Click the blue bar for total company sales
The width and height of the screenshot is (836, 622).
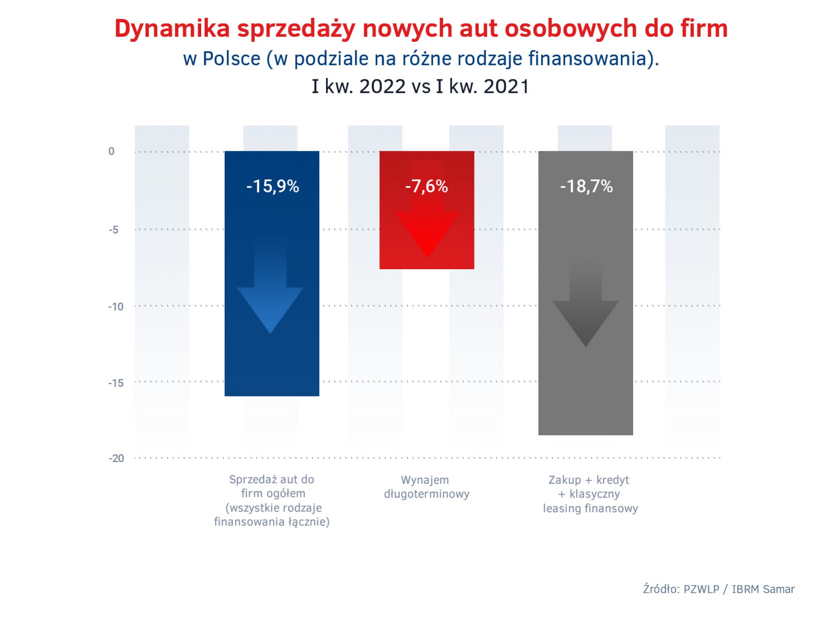tap(272, 274)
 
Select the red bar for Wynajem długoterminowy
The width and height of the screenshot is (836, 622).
tap(427, 210)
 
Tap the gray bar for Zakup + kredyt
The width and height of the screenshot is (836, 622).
tap(586, 293)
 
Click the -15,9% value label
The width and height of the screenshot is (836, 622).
tap(273, 186)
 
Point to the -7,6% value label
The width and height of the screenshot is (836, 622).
tap(426, 186)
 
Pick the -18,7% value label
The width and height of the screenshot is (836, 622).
tap(586, 186)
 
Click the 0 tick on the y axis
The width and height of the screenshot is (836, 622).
tap(111, 151)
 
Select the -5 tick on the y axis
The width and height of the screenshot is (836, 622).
tap(114, 230)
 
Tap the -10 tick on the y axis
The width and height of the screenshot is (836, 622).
tap(116, 307)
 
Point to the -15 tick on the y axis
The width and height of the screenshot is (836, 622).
tap(116, 383)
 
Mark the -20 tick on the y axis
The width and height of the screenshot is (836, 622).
tap(116, 458)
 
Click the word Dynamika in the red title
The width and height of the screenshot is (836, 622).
tap(172, 29)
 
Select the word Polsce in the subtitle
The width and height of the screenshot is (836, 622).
tap(232, 59)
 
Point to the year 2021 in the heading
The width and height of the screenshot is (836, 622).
tap(506, 86)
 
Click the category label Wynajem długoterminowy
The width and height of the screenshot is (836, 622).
tap(427, 487)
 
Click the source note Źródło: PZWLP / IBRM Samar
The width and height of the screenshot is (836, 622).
tap(719, 589)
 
